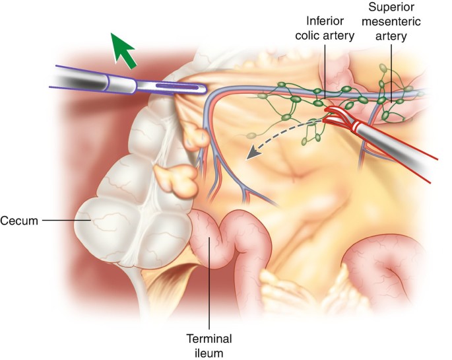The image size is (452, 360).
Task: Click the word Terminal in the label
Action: tap(209, 338)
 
